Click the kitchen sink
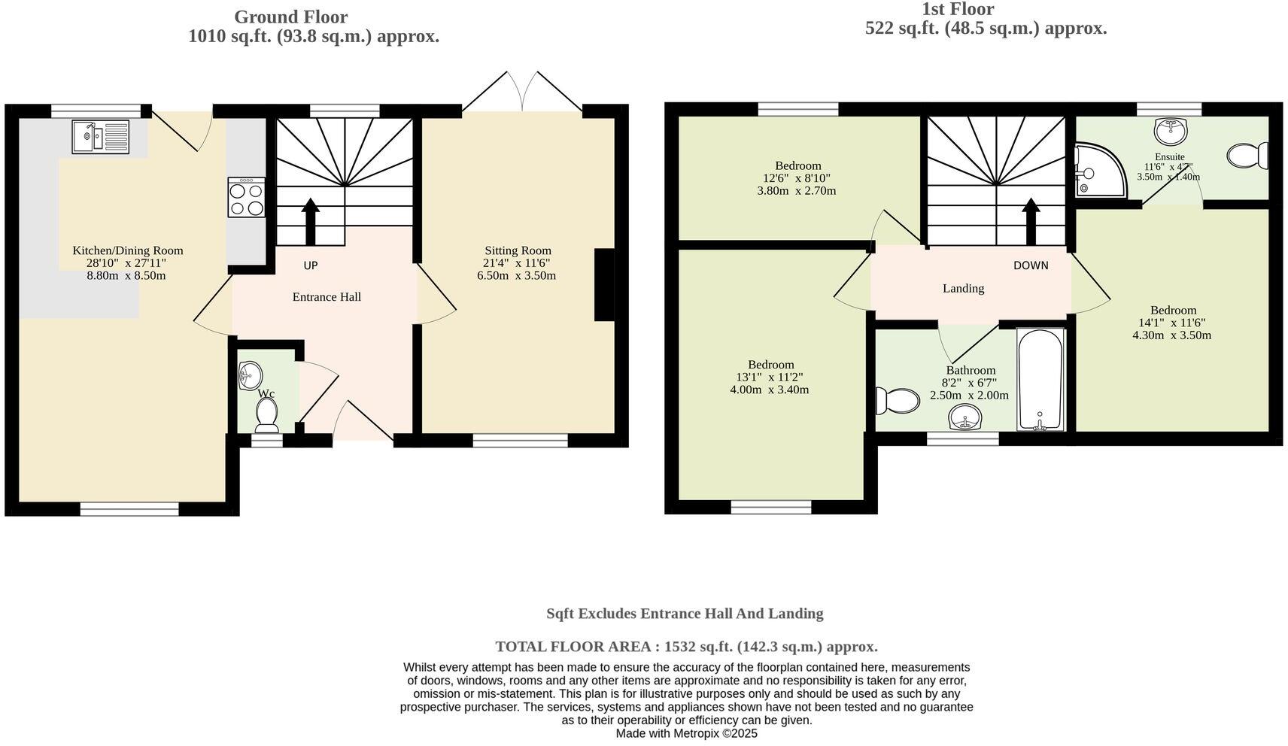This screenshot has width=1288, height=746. click(x=101, y=137)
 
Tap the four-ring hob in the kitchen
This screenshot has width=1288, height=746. click(x=247, y=197)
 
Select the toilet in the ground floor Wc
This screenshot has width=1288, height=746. click(x=267, y=415)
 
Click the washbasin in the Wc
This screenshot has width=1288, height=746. click(x=250, y=376)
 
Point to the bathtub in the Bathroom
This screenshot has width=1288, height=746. click(x=1040, y=379)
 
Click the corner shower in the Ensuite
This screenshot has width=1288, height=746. click(x=1099, y=171)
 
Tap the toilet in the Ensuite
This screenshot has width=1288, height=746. click(x=1247, y=155)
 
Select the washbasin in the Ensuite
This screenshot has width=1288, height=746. click(x=1170, y=132)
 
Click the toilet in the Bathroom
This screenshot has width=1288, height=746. click(x=898, y=401)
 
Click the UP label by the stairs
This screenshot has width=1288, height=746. click(x=311, y=265)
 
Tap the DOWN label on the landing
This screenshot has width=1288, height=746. click(x=1031, y=265)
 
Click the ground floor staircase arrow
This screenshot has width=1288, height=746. click(x=311, y=222)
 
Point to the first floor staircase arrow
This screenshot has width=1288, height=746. click(x=1031, y=222)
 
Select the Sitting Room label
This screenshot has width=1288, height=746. click(x=518, y=250)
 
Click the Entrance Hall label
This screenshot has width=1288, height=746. click(x=327, y=297)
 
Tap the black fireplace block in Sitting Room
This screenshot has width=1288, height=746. click(x=604, y=284)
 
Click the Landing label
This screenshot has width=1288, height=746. click(x=963, y=289)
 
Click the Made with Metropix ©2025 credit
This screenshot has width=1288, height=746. click(x=687, y=734)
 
